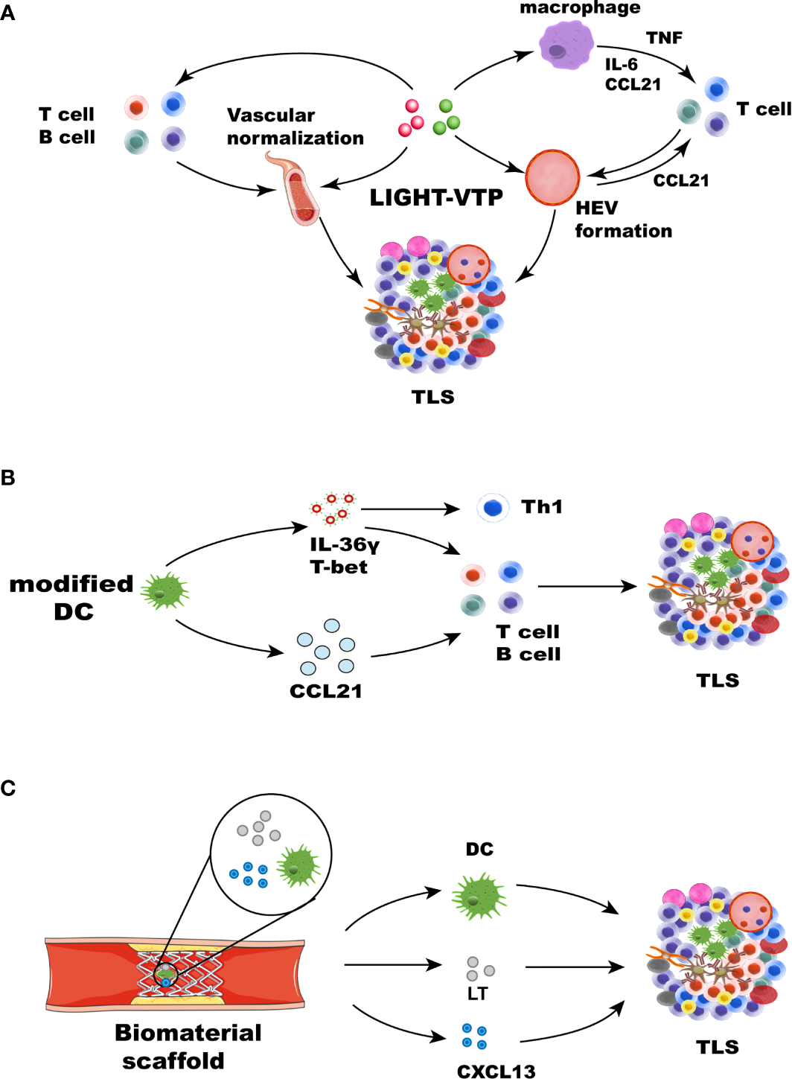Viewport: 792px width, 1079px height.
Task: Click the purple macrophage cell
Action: tap(566, 44)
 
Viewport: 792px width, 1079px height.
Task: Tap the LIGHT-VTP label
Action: tap(436, 197)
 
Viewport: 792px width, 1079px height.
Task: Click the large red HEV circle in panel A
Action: tap(552, 178)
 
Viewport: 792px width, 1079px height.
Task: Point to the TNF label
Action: tap(664, 38)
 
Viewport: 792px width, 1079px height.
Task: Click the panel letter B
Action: tap(8, 477)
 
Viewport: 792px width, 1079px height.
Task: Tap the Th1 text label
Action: tap(542, 507)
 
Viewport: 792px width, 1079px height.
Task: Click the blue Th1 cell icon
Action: tap(493, 508)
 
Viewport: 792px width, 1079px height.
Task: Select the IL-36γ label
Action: tap(345, 545)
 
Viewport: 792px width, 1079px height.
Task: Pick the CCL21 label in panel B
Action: tap(326, 691)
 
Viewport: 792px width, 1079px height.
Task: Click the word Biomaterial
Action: tap(188, 1033)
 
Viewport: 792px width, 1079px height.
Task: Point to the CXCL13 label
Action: tap(496, 1071)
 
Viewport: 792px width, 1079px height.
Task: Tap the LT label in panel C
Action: tap(477, 993)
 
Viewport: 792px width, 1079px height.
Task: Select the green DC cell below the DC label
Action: tap(479, 897)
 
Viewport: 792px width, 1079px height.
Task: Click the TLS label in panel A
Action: tap(433, 397)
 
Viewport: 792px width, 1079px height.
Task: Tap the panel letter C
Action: tap(8, 788)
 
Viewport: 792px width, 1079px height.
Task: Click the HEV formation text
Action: tap(623, 220)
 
